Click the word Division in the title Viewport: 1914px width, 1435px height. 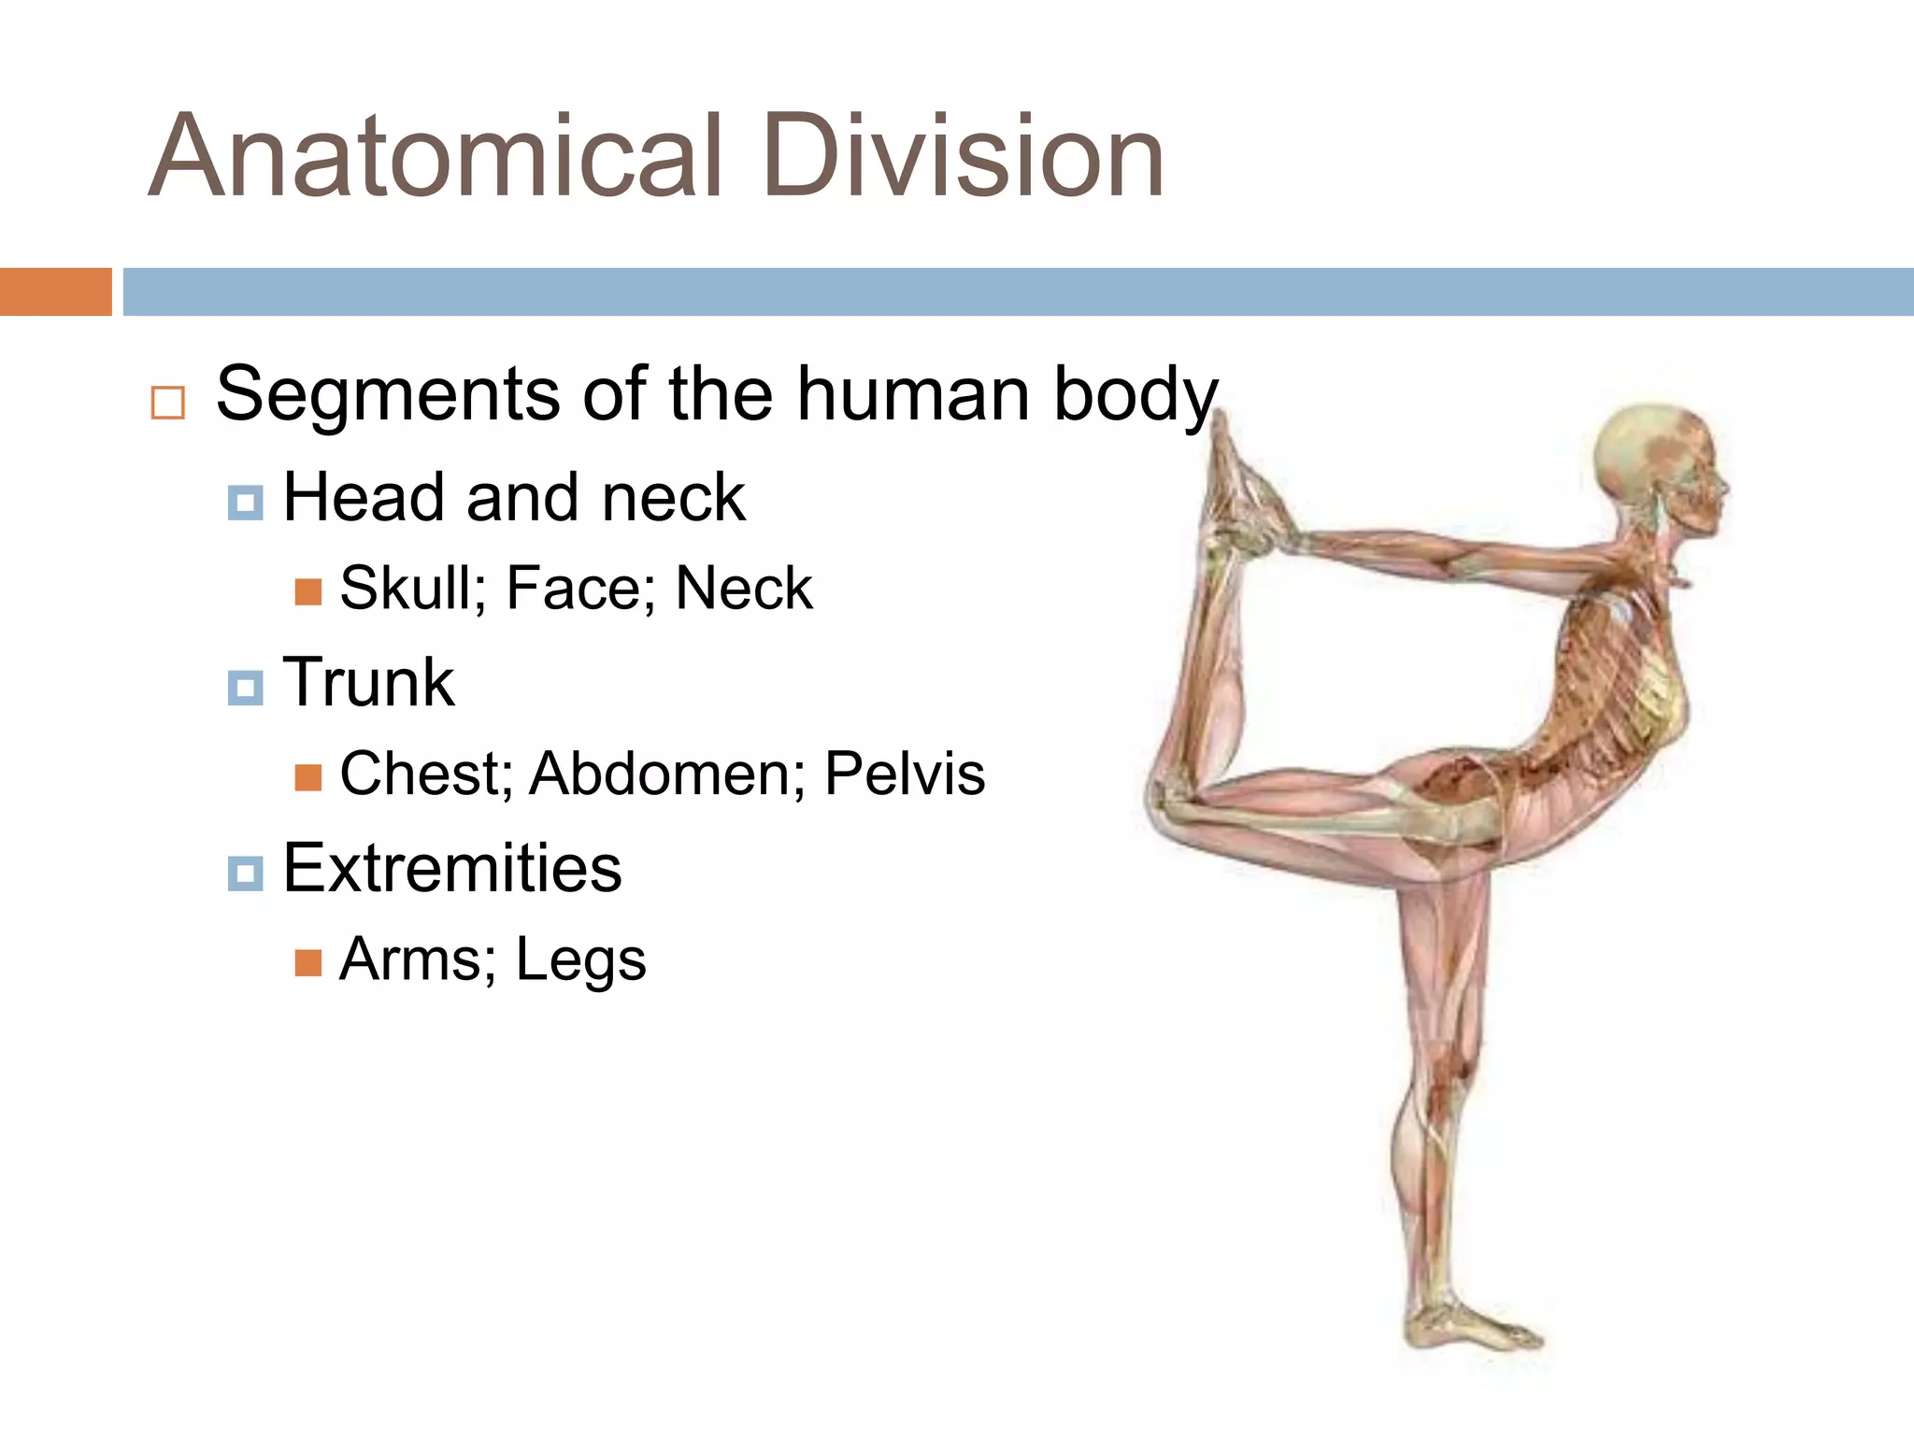pos(963,157)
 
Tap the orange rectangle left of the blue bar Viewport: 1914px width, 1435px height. pos(55,291)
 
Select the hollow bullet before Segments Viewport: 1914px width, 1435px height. pos(167,404)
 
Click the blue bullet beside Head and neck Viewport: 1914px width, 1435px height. pos(245,503)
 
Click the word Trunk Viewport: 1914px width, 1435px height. pos(368,683)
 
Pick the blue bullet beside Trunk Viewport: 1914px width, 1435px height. pos(245,689)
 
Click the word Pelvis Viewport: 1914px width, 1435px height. pos(904,774)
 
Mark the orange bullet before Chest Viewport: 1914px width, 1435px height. pos(307,777)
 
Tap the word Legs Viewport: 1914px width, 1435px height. pos(580,960)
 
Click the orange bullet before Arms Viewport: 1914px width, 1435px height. pos(307,963)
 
